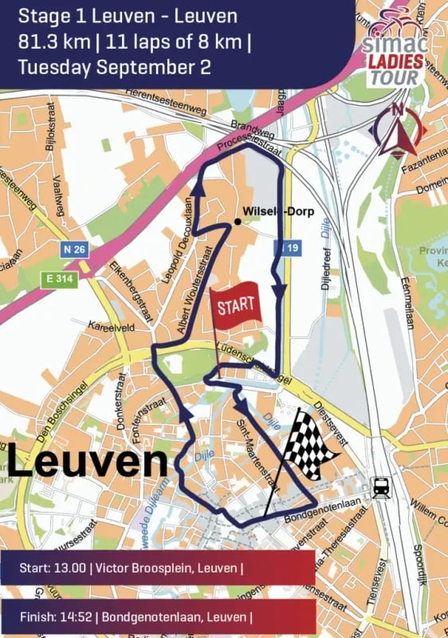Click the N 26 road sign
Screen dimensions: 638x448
[x=73, y=249]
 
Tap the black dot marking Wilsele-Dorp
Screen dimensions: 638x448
[x=238, y=220]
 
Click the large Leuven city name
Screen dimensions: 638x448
[x=88, y=463]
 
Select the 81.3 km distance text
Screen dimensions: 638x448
[x=49, y=41]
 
